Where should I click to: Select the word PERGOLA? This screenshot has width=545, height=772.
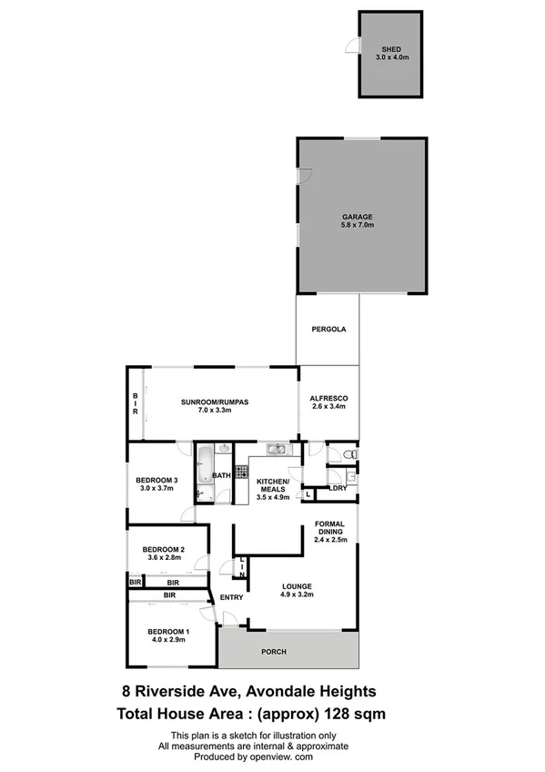[x=328, y=330]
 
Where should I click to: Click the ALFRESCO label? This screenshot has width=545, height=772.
[x=329, y=399]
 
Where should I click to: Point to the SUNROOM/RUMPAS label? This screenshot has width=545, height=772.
[x=215, y=401]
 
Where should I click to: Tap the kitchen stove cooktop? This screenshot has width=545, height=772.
[x=241, y=471]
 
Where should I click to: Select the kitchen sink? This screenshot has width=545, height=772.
[x=276, y=449]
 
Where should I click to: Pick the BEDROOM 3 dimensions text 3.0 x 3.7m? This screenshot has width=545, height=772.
[x=156, y=489]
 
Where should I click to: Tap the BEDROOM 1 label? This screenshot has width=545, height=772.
[x=168, y=632]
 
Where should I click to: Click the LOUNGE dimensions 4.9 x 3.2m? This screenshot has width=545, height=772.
[x=297, y=596]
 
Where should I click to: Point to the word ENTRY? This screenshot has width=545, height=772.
[x=231, y=597]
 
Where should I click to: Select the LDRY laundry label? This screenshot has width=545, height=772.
[x=338, y=489]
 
